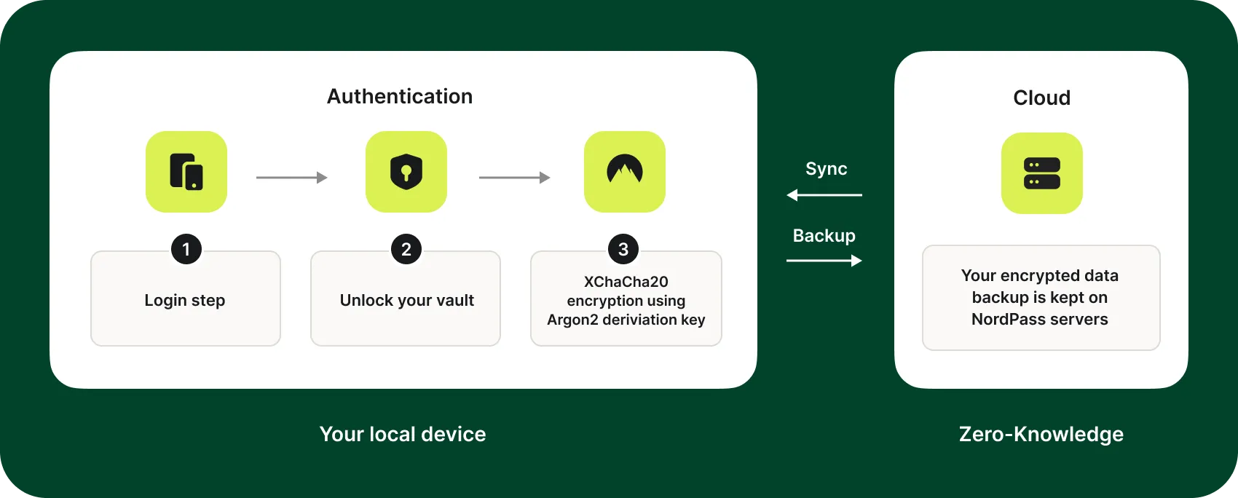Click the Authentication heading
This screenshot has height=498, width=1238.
[399, 96]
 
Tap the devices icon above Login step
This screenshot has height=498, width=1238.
[186, 172]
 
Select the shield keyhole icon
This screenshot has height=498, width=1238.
[406, 172]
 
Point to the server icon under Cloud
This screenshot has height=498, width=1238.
[1041, 173]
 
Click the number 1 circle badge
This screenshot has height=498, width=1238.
[186, 250]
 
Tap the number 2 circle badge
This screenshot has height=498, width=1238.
[406, 250]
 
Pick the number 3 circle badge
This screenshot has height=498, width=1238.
[623, 250]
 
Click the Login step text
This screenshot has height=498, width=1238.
[185, 300]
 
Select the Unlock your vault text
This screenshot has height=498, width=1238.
[406, 300]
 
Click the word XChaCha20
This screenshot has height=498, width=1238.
[626, 282]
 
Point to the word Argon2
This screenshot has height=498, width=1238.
[572, 320]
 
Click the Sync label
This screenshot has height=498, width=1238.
[826, 169]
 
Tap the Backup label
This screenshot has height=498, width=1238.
[824, 236]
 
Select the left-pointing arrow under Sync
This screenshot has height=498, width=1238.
[824, 195]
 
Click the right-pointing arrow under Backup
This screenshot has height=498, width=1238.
[824, 261]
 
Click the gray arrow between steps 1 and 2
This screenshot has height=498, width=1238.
[291, 178]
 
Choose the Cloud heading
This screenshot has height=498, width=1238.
[1041, 98]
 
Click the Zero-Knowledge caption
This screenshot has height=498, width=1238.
[1041, 434]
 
